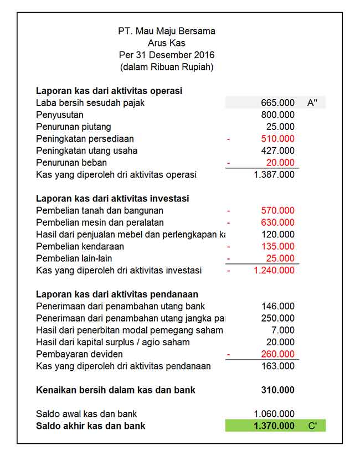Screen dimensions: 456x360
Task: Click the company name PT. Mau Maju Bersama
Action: tap(166, 31)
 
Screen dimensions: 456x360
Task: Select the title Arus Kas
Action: tap(166, 43)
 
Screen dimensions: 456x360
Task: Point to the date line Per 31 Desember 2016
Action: tap(166, 55)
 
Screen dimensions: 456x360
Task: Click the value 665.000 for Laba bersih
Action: tap(277, 102)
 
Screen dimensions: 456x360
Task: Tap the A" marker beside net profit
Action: tap(312, 102)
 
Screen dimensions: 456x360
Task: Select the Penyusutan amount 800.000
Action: tap(277, 115)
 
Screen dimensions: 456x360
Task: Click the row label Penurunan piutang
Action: tap(73, 127)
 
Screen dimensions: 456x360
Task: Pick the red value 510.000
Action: tap(277, 139)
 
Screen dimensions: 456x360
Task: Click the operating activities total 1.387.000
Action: tap(274, 175)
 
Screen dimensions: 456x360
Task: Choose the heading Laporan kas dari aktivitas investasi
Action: tap(112, 198)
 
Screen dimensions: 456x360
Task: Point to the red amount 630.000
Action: tap(277, 222)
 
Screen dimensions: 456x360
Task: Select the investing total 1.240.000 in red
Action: tap(274, 271)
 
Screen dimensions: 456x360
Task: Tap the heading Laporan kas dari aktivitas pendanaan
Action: tap(117, 294)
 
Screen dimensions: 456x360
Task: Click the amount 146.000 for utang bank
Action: tap(277, 307)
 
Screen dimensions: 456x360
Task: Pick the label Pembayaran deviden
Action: tap(79, 354)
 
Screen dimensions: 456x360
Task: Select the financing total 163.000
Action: tap(277, 366)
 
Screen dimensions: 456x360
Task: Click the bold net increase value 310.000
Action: tap(277, 390)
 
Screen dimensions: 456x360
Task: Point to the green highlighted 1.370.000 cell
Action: tap(274, 426)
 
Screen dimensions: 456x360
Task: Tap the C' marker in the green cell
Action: tap(312, 426)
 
